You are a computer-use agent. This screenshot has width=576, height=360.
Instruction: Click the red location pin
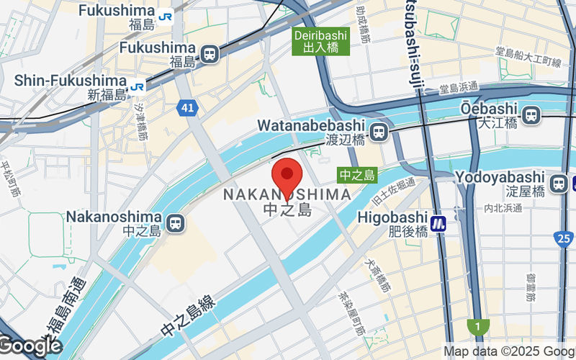[287, 176]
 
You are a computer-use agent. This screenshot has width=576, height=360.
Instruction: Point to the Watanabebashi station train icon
[377, 132]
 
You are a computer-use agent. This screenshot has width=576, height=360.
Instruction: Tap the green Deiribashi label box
[320, 42]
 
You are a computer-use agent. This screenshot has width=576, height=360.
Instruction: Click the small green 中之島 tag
[357, 175]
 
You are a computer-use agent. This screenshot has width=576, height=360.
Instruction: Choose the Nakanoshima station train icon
[174, 223]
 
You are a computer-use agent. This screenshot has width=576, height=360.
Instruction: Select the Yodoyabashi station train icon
[557, 184]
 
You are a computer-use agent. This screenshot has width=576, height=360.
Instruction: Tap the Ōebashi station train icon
[531, 114]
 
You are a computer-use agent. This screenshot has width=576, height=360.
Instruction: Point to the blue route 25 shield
[564, 238]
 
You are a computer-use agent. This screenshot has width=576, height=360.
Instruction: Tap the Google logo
[30, 346]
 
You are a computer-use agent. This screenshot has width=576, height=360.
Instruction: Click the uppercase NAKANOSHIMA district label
[287, 194]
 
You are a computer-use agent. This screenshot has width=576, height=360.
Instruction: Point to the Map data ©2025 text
[497, 351]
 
